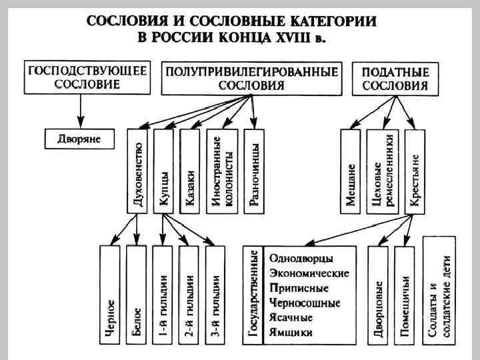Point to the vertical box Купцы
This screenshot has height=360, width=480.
click(x=164, y=171)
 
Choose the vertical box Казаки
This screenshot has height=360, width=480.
click(x=190, y=171)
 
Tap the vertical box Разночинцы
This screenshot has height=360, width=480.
click(x=252, y=171)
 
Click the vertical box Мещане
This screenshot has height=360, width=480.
click(x=350, y=171)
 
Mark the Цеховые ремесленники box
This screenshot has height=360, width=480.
click(x=382, y=171)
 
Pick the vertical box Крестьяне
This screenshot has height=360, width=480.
click(x=415, y=171)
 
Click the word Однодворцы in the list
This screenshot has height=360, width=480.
click(x=301, y=257)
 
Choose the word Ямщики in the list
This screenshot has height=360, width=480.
click(x=291, y=331)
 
